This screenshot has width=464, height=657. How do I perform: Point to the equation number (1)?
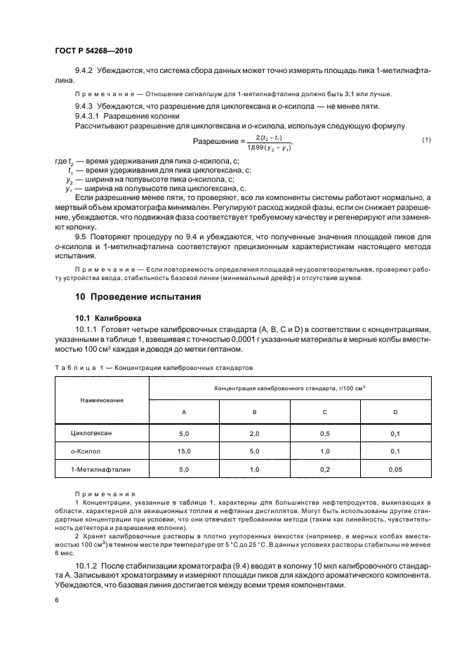(x=425, y=140)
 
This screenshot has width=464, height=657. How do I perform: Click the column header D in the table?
(x=396, y=411)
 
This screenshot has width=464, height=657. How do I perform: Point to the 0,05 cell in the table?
(x=396, y=467)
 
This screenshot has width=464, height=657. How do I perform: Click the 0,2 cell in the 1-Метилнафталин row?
(x=324, y=467)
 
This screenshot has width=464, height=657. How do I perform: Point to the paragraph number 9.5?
(x=80, y=238)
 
